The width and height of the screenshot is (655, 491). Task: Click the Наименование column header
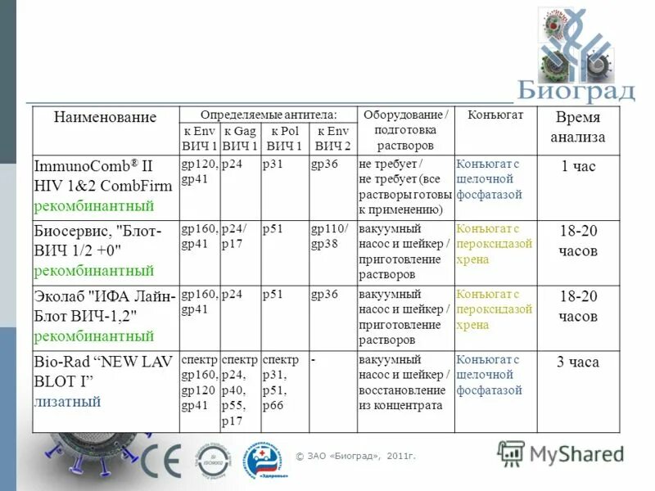coord(105,117)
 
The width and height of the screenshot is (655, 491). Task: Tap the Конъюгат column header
coord(495,115)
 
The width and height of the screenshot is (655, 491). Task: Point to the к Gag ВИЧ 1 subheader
coord(240,138)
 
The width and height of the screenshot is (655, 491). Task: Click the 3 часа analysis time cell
coord(578,362)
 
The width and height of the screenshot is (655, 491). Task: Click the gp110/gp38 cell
coord(329,236)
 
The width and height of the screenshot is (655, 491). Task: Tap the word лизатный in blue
coord(67,402)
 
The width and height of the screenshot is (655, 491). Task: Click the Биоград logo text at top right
coord(576,89)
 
